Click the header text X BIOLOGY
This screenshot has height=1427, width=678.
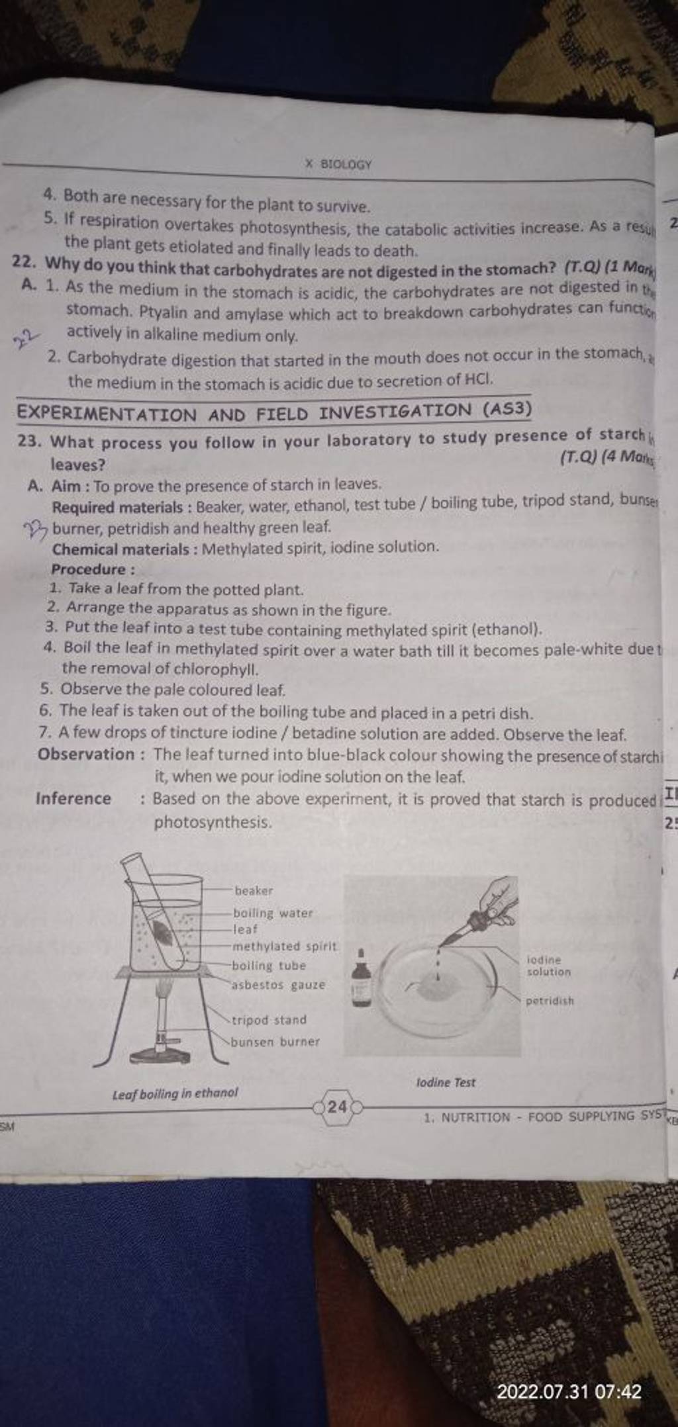pyautogui.click(x=338, y=163)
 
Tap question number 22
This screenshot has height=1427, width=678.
pyautogui.click(x=27, y=262)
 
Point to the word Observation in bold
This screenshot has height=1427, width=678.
pyautogui.click(x=85, y=754)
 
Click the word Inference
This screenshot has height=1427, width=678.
pyautogui.click(x=73, y=798)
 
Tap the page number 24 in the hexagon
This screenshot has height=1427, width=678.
pyautogui.click(x=337, y=1107)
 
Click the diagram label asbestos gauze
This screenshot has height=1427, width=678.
pyautogui.click(x=278, y=985)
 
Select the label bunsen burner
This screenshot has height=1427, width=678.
pyautogui.click(x=275, y=1042)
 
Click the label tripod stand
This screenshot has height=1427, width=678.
pyautogui.click(x=269, y=1020)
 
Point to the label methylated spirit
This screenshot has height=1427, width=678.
pyautogui.click(x=284, y=946)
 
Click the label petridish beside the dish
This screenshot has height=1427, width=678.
pyautogui.click(x=550, y=1001)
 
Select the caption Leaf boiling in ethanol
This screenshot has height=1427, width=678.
pyautogui.click(x=175, y=1093)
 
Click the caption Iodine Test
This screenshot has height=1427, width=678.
pyautogui.click(x=446, y=1083)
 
